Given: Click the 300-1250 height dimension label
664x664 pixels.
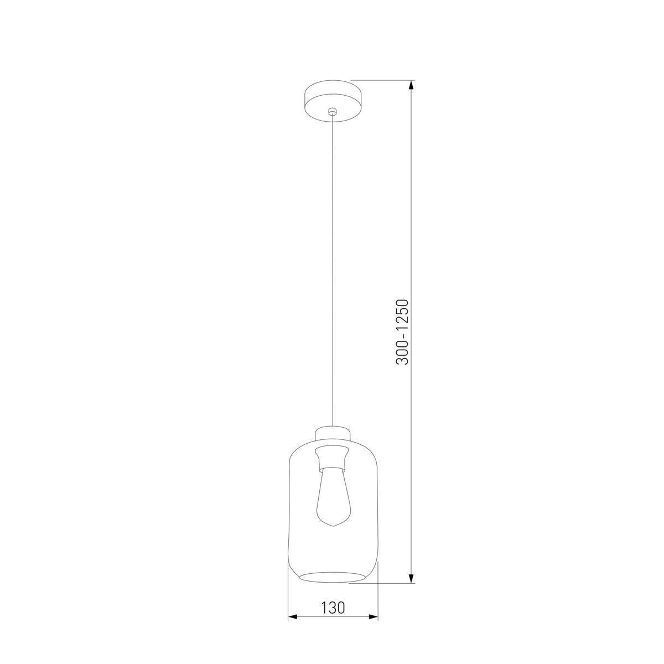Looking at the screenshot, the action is [x=402, y=332].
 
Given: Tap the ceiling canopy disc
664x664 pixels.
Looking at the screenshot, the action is [x=333, y=101].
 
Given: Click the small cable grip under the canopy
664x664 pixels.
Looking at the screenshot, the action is [x=332, y=111].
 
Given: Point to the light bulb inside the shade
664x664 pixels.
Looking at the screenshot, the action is [x=333, y=496].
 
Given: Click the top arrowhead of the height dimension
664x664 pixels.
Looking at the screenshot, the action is [x=411, y=85].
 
